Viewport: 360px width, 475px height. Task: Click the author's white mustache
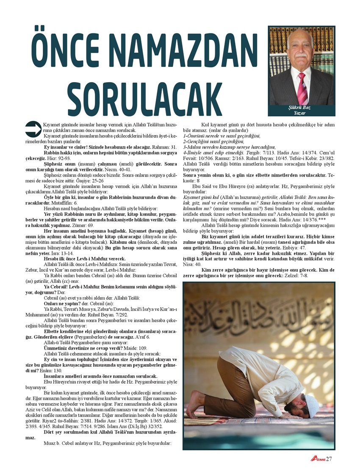pyautogui.click(x=301, y=55)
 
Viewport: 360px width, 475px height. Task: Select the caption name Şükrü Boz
pyautogui.click(x=302, y=108)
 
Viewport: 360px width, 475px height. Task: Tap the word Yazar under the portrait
pyautogui.click(x=302, y=113)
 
